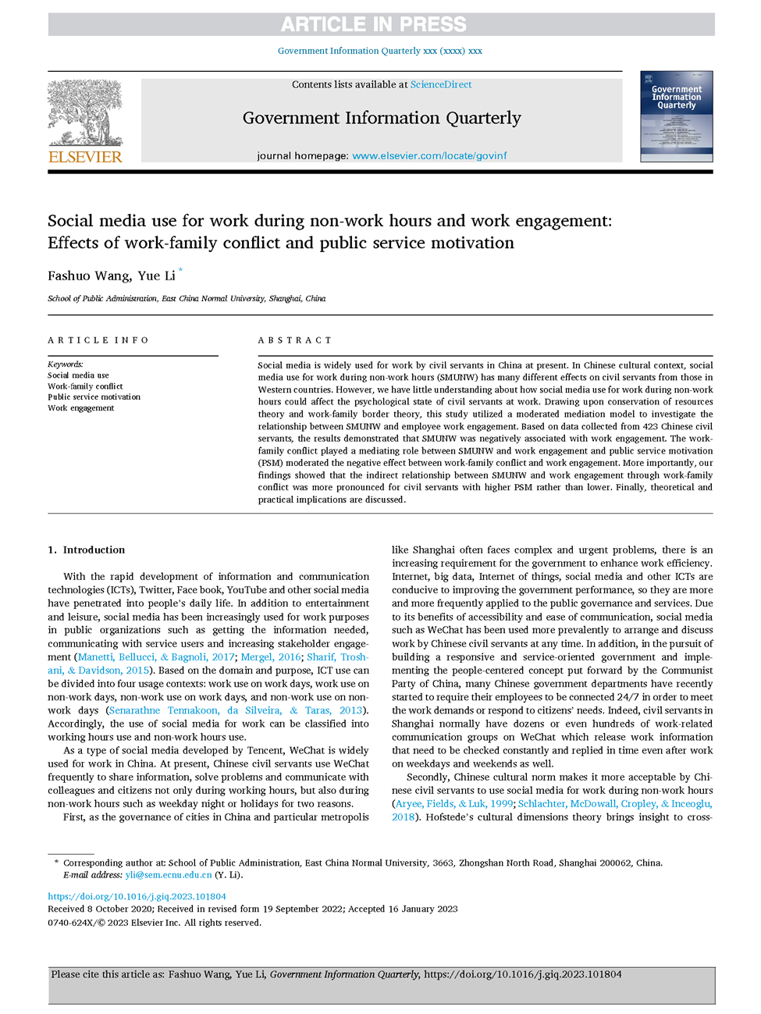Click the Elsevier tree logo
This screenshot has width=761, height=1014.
click(84, 112)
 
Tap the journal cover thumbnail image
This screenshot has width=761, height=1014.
click(676, 116)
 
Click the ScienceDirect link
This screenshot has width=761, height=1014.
click(440, 84)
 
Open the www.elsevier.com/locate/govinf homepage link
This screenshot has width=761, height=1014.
click(429, 155)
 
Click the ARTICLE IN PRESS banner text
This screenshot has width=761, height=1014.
click(373, 24)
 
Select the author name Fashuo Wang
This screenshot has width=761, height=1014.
click(88, 276)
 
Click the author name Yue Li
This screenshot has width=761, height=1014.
click(156, 276)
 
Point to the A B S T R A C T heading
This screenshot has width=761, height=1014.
click(294, 340)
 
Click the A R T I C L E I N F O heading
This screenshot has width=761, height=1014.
click(98, 340)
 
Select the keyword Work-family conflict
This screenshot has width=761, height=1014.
click(85, 386)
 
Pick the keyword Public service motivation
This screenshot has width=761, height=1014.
click(94, 397)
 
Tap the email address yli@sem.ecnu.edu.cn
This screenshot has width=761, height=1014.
click(169, 875)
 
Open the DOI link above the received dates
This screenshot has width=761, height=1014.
click(137, 896)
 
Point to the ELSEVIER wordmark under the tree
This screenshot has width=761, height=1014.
click(85, 156)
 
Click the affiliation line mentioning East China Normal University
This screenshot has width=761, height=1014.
click(187, 298)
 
